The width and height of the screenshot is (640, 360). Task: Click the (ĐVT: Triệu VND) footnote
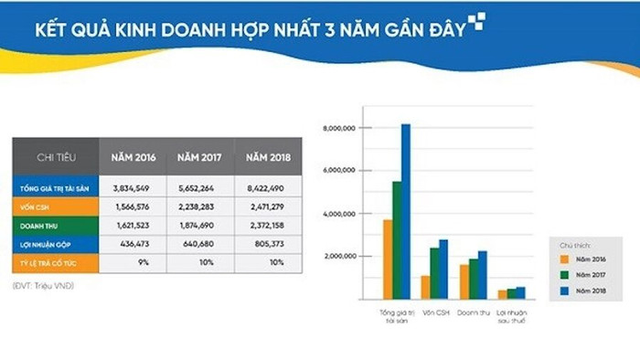click(x=44, y=287)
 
